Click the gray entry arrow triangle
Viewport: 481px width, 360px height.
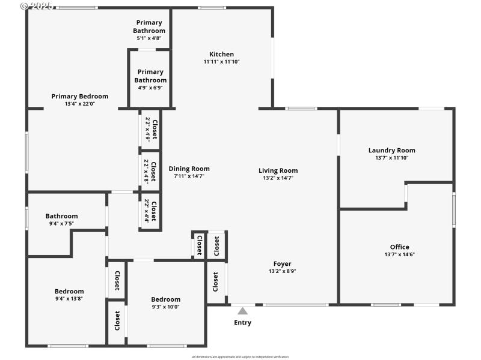click(x=242, y=311)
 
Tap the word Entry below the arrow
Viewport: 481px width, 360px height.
click(x=242, y=323)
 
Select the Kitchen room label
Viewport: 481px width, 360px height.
click(x=221, y=54)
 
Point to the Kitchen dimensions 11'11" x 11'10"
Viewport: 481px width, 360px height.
click(x=221, y=62)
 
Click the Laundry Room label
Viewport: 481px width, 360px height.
click(x=391, y=151)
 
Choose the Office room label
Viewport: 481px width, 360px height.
click(x=399, y=247)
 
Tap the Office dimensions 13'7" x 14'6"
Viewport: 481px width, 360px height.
click(x=399, y=254)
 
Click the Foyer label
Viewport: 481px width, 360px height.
click(x=282, y=263)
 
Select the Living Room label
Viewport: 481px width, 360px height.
click(x=278, y=170)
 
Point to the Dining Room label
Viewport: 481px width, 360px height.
click(x=189, y=169)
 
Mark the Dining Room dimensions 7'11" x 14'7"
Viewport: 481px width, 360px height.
click(x=189, y=176)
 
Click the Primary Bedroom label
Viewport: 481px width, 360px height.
click(x=80, y=96)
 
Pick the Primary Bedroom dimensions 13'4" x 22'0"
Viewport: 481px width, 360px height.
click(x=80, y=104)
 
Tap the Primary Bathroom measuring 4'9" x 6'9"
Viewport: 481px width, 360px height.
click(x=150, y=76)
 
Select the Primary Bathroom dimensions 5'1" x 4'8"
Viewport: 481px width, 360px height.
click(x=150, y=38)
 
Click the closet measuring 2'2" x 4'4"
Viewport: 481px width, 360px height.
click(x=150, y=211)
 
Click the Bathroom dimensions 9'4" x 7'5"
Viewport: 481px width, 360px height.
click(x=61, y=224)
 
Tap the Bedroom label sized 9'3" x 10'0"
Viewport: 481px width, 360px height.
click(x=165, y=299)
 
